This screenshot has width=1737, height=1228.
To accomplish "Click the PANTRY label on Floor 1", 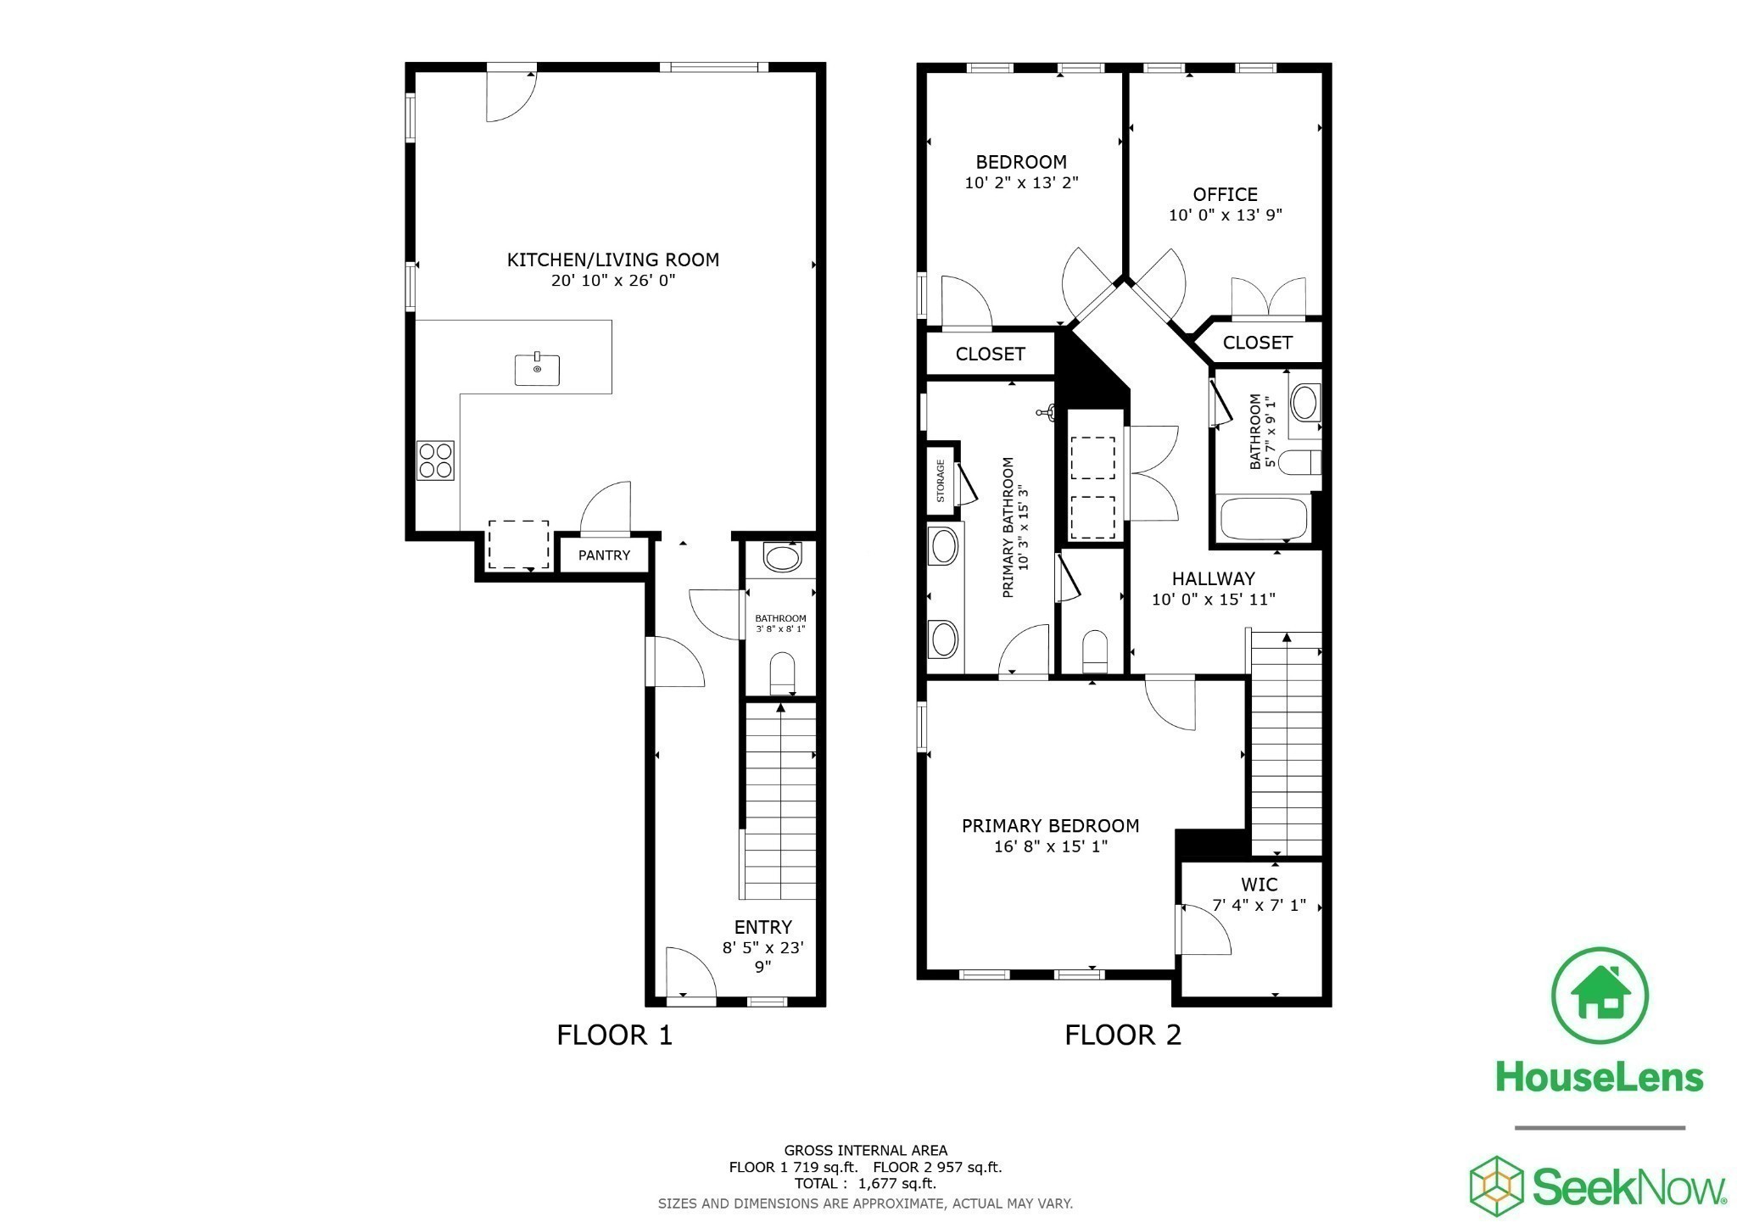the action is tap(604, 555).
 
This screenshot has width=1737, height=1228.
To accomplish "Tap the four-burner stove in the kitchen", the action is tap(435, 461).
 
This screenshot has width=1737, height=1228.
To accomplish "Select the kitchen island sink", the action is tap(537, 369).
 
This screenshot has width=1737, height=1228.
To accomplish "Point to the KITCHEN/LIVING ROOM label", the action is tap(613, 260).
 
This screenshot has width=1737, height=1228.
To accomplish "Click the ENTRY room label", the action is tap(763, 927).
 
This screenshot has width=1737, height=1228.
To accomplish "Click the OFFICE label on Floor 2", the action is tap(1226, 194).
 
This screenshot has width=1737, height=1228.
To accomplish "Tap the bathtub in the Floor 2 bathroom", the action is tap(1263, 519).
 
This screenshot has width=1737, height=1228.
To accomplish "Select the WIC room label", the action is tap(1259, 885).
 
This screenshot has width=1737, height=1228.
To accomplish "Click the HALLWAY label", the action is tap(1214, 579).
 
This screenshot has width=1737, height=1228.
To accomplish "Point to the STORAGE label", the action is tap(941, 481).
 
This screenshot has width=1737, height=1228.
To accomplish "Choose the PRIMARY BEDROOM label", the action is tap(1051, 825).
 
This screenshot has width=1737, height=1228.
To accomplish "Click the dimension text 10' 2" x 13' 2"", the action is tap(1021, 182).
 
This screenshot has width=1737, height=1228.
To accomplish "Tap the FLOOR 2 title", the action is tap(1123, 1035).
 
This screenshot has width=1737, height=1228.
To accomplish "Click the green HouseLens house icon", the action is tap(1600, 996).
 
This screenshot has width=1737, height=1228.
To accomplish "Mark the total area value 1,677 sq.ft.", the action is tap(897, 1184).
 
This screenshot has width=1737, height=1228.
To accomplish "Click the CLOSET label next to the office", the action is tap(1258, 343).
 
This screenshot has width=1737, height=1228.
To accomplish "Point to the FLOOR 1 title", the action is tap(615, 1035).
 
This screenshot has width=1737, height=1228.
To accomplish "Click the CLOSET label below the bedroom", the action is tap(991, 354).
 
